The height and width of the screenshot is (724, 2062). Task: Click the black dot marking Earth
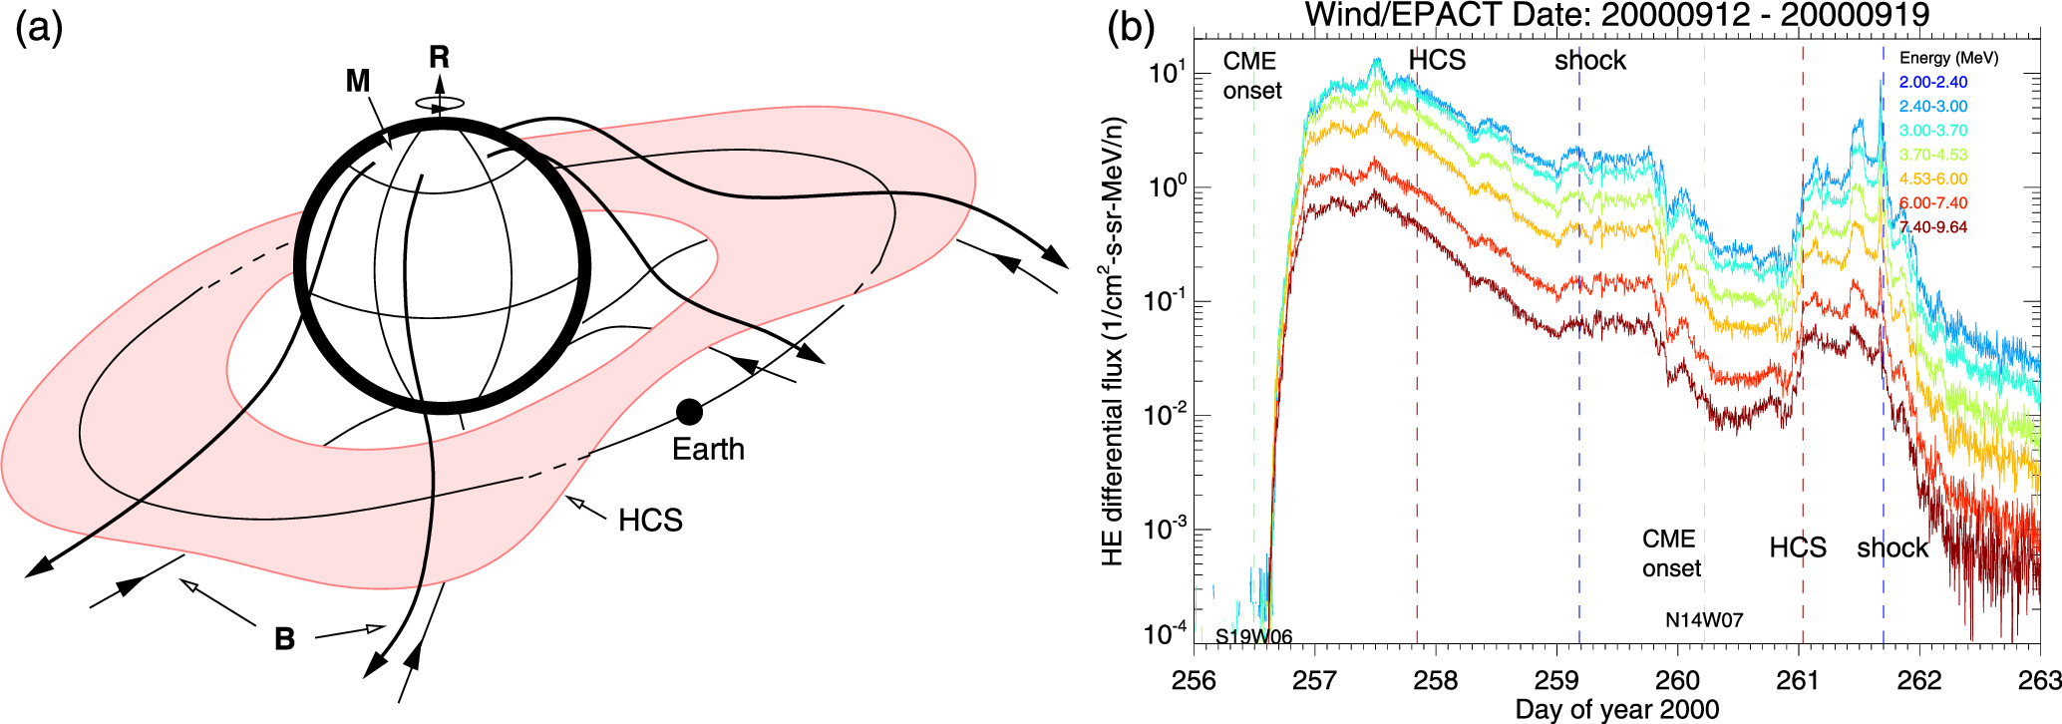[689, 411]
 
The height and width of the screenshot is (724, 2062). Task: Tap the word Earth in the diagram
[708, 450]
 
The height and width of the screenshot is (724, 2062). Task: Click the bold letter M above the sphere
[358, 81]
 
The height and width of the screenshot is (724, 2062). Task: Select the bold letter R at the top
[439, 58]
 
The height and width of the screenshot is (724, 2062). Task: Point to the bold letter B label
[284, 639]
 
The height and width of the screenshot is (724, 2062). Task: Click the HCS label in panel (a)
[650, 521]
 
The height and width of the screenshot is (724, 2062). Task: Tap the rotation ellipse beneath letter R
[440, 103]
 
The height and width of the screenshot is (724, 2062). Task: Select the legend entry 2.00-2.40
[1932, 83]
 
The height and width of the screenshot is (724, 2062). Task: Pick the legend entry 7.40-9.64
[1932, 227]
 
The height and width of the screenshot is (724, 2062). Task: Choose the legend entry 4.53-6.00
[1932, 180]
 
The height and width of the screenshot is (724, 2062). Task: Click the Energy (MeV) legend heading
[1948, 58]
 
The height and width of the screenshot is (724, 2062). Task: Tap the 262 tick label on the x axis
[1919, 681]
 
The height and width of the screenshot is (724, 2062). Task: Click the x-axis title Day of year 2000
[1617, 710]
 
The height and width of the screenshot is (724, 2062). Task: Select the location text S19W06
[1253, 637]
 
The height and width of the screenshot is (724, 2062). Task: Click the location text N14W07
[1704, 620]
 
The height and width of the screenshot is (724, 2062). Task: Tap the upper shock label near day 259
[1590, 61]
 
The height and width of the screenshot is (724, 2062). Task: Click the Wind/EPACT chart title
[1617, 14]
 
